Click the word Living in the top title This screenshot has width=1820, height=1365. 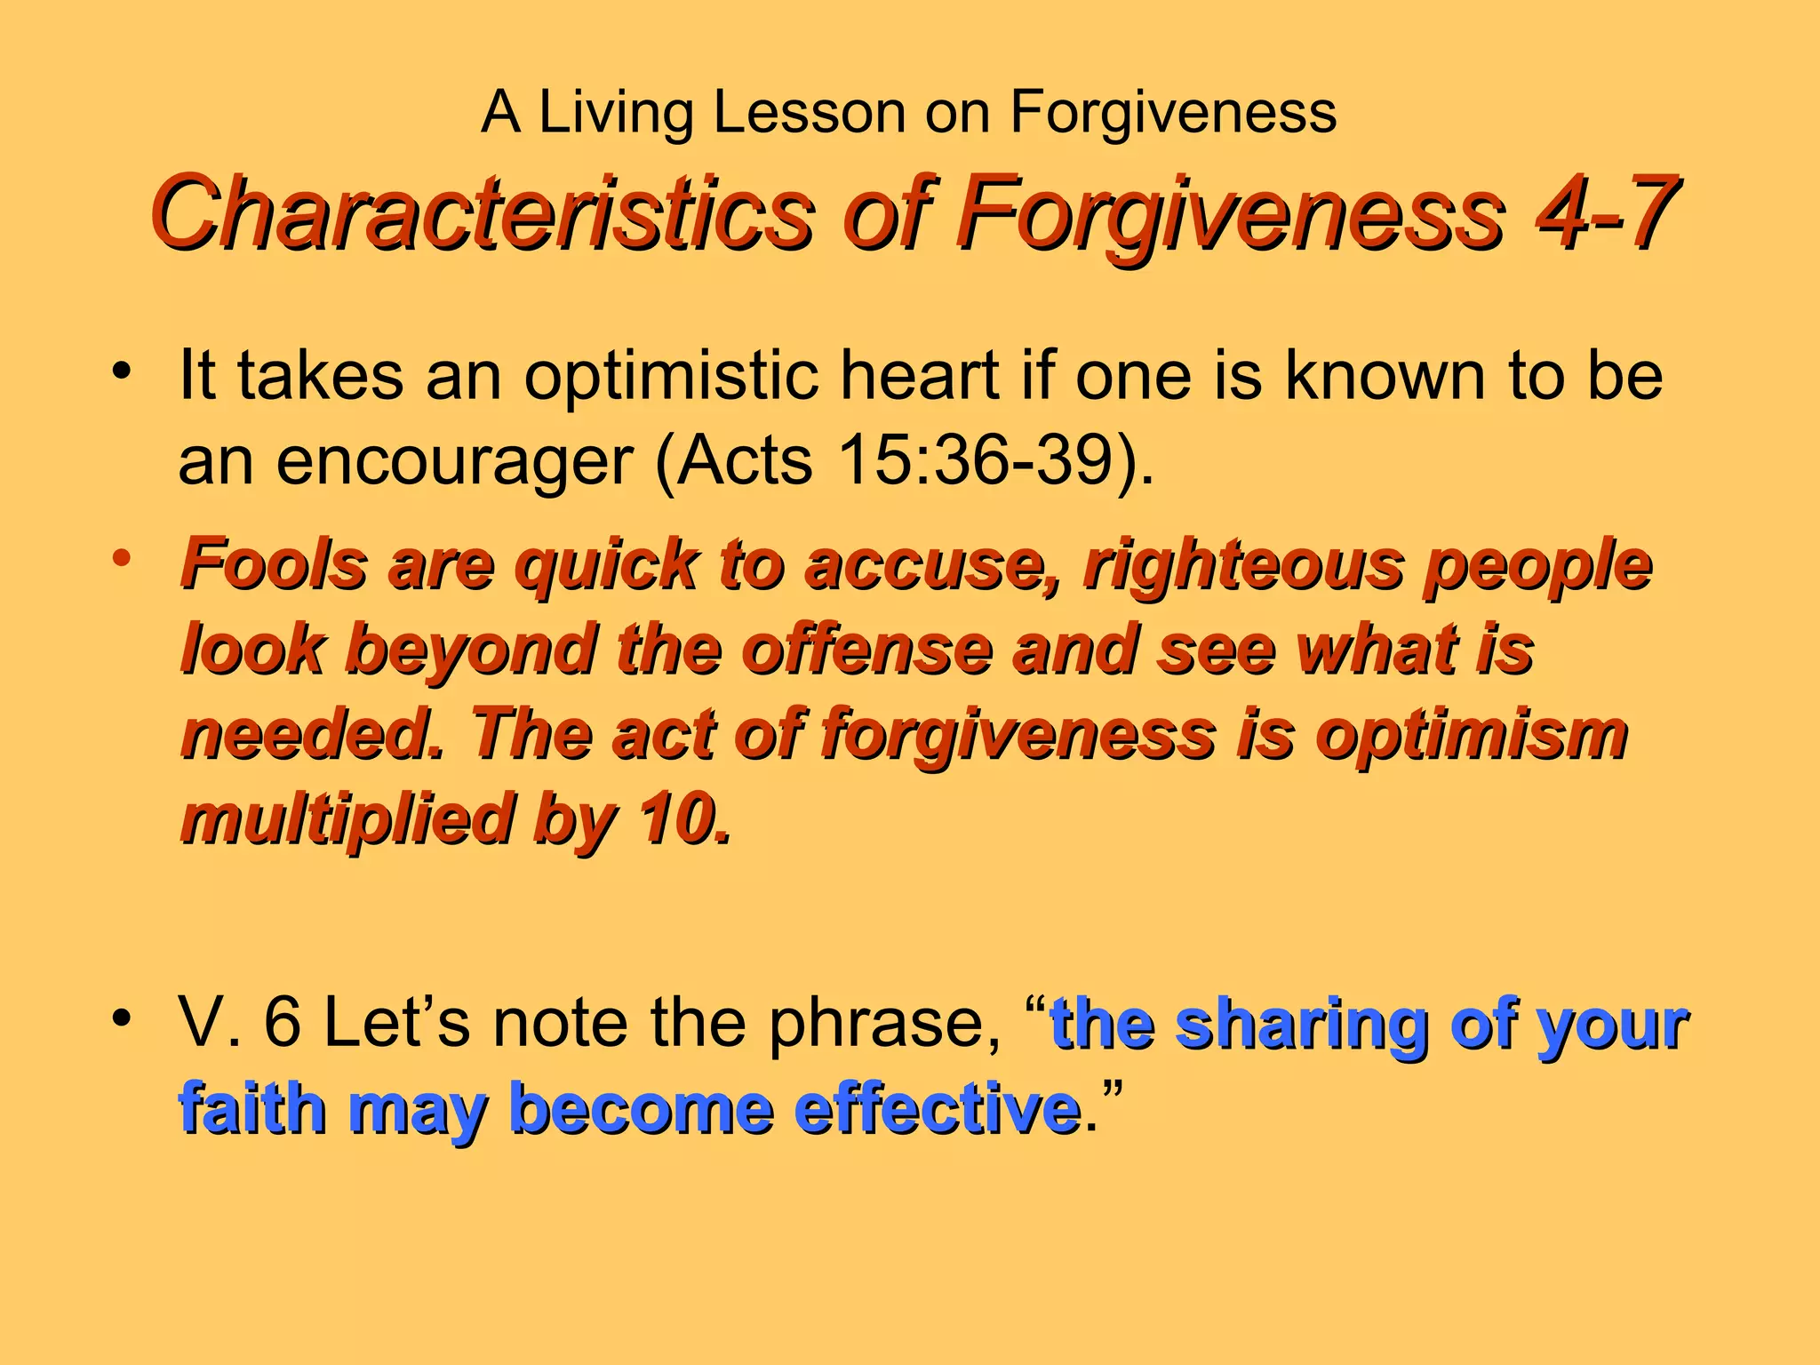615,114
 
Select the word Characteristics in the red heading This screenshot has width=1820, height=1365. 481,213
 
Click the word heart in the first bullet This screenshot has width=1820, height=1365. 920,375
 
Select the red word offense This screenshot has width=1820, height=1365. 866,649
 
